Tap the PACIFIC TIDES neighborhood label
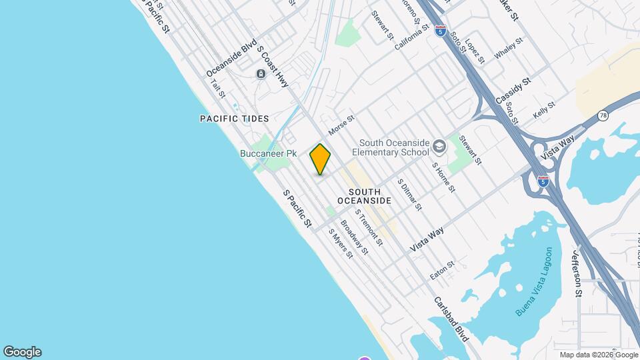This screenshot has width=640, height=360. (234, 119)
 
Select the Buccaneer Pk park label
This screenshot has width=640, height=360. (268, 153)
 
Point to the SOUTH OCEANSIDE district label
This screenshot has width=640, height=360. (364, 196)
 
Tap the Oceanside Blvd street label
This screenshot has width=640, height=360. (231, 58)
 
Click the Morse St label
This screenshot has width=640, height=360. (341, 123)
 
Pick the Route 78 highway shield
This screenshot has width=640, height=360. (603, 115)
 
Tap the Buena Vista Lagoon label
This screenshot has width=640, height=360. (535, 282)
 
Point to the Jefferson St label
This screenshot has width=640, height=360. (577, 273)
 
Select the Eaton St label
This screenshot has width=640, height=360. (441, 269)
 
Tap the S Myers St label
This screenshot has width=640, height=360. (340, 244)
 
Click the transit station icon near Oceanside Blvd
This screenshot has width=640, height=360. (261, 73)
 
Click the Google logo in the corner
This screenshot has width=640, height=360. (22, 352)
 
